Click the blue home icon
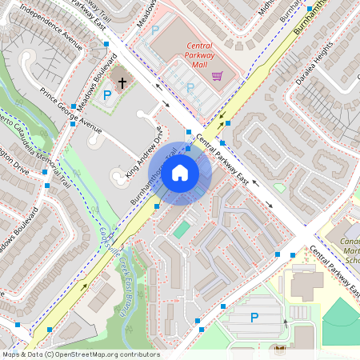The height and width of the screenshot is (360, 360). click(x=180, y=172)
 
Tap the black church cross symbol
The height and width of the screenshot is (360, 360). click(x=123, y=82)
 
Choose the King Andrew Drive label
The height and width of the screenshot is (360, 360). click(x=144, y=152)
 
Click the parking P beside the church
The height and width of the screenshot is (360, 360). click(x=107, y=96)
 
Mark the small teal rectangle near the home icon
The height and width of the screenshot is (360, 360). click(x=182, y=230)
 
